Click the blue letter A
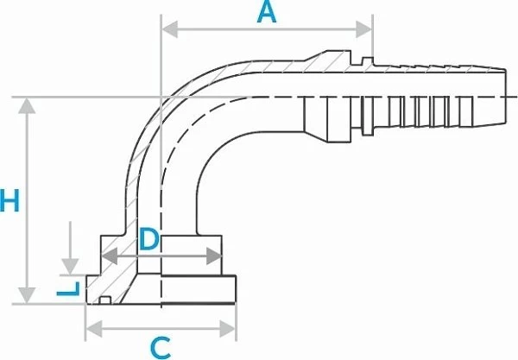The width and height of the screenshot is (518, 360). pos(266,13)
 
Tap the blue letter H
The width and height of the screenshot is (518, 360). pos(9,200)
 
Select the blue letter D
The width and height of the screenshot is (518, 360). pos(149,238)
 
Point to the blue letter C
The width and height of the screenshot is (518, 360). pos(161,348)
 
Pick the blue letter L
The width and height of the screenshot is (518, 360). pos(68,289)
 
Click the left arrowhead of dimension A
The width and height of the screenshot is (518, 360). pos(170,29)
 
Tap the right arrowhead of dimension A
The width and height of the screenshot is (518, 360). pos(364,29)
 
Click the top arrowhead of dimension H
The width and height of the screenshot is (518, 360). pos(27,105)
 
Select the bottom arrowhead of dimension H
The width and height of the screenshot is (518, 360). pos(27,295)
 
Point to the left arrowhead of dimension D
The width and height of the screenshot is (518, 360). pos(109,256)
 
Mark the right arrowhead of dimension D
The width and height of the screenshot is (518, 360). pos(214,256)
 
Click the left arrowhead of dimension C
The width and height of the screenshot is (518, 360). pos(94,329)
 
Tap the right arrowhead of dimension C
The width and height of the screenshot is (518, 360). pos(228,329)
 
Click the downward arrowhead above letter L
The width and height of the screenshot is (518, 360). pos(70,267)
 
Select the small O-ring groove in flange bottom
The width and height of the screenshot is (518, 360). pos(105,300)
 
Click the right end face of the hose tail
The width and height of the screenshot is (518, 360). pos(505,97)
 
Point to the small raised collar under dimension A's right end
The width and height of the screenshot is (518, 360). pos(368,60)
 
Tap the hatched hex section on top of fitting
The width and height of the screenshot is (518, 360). pos(331,60)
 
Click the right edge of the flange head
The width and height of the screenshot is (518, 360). pos(235,289)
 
